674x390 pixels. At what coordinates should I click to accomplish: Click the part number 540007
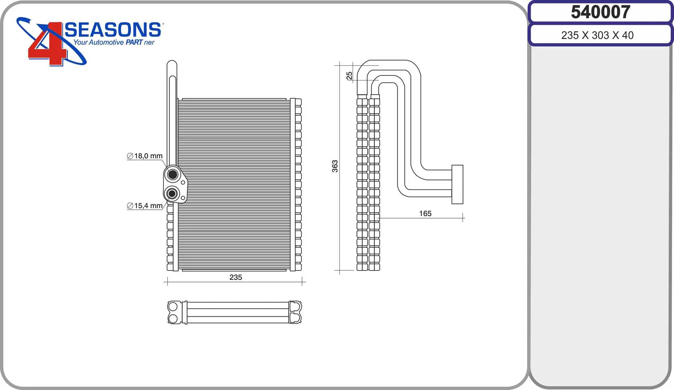[601, 12]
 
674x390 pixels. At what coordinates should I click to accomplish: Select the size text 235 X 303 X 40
[597, 35]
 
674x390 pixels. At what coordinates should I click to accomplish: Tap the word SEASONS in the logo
[113, 30]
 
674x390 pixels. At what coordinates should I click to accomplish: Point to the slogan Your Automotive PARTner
[114, 43]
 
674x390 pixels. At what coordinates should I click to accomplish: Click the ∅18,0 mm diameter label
[145, 156]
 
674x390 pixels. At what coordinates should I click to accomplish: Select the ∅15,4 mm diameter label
[145, 206]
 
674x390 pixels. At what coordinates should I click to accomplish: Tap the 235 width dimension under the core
[236, 277]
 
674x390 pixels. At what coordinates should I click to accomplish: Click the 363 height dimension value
[335, 166]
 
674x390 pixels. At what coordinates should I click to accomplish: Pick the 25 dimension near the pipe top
[349, 75]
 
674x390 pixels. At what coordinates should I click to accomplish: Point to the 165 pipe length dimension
[425, 213]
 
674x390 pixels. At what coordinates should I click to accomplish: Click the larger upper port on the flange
[173, 175]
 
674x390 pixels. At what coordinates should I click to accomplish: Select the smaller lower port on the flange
[172, 194]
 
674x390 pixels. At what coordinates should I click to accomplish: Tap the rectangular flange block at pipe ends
[457, 185]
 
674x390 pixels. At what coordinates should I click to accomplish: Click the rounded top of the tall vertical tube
[172, 64]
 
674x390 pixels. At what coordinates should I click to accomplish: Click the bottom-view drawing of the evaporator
[234, 312]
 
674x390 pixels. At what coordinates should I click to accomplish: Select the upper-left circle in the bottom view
[173, 307]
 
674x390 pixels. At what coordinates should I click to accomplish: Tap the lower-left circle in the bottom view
[173, 318]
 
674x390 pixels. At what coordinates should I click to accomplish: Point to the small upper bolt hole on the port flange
[183, 183]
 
